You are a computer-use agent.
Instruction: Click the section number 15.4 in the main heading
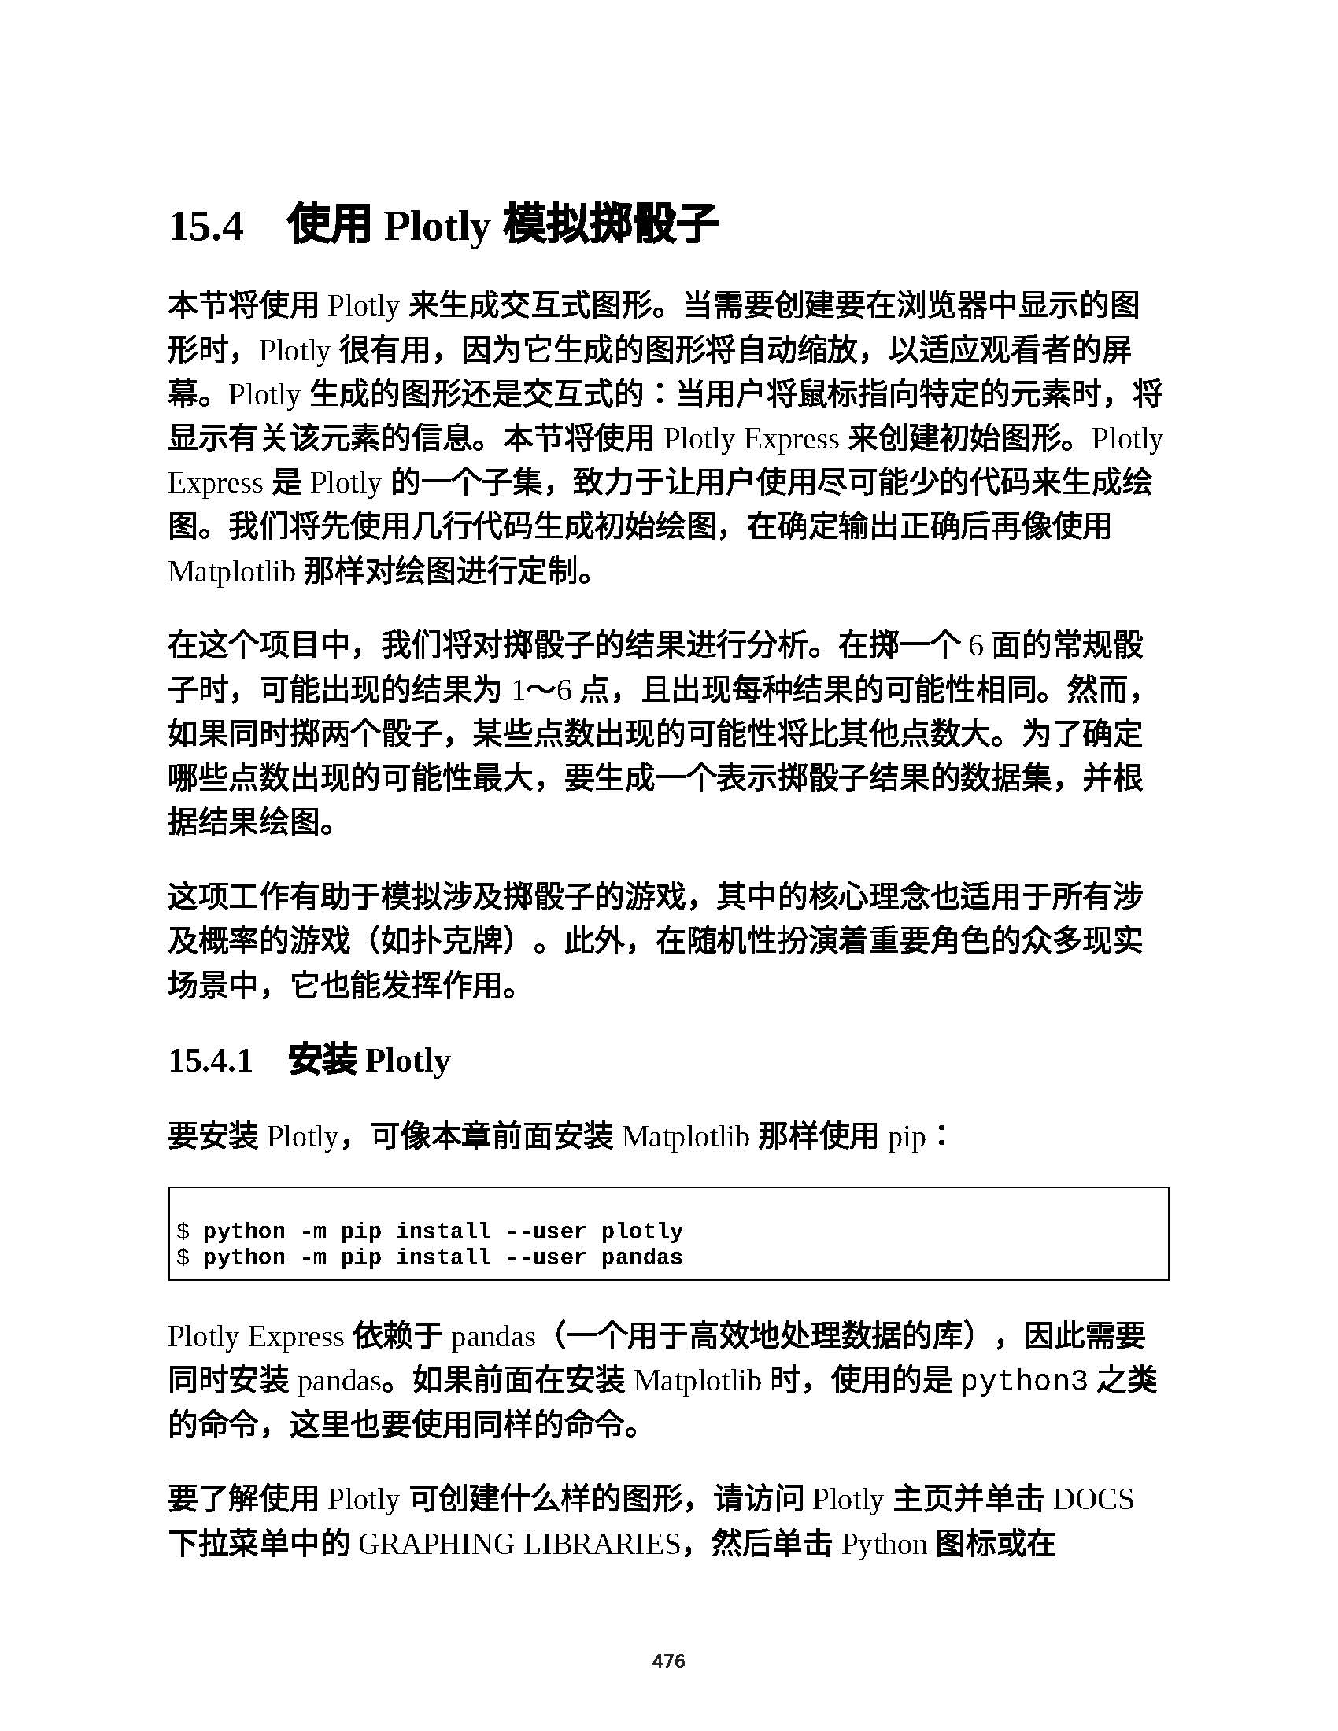(206, 226)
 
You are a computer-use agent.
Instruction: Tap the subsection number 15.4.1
(210, 1061)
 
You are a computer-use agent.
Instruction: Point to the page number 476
(668, 1661)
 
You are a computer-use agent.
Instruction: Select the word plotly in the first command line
(641, 1231)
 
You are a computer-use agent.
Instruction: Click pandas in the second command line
(641, 1257)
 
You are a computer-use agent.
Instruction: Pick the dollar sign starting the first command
(183, 1231)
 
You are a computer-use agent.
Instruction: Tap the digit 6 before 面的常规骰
(976, 646)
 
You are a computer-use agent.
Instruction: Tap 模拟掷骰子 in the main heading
(610, 225)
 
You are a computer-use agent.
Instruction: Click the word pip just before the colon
(907, 1138)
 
